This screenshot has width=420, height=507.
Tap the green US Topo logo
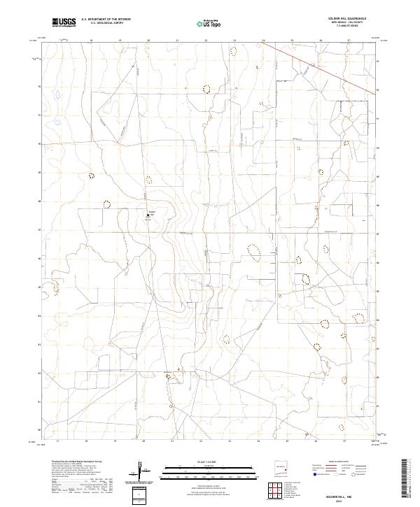pos(206,23)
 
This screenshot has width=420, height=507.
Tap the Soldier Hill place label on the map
pos(151,211)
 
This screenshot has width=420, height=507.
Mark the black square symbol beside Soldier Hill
pos(148,215)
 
